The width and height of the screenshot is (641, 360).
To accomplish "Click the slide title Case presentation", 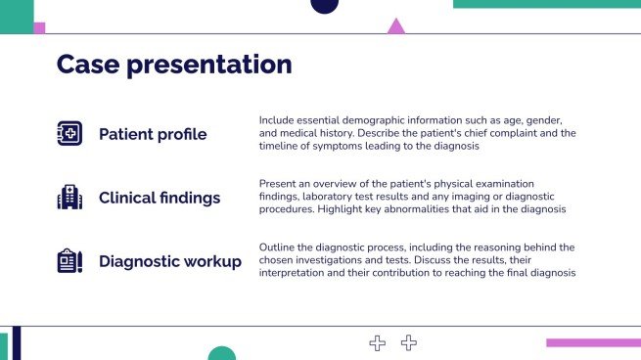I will click(174, 65).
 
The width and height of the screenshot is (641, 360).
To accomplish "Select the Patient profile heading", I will click(153, 134).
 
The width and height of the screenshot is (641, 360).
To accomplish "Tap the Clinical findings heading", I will click(160, 198).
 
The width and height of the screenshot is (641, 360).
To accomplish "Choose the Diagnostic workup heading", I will click(170, 261).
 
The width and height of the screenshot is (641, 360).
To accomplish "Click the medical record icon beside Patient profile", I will click(70, 134).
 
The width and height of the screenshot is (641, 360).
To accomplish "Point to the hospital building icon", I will click(70, 198).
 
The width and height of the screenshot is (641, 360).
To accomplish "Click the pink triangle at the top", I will click(395, 27).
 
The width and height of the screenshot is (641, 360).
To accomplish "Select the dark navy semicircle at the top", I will click(324, 6).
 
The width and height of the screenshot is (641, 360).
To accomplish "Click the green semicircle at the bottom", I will click(222, 353).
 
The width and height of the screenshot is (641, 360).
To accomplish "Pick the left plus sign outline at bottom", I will click(378, 342).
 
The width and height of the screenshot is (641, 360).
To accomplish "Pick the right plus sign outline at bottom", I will click(409, 342).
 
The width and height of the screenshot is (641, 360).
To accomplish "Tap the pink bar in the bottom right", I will click(592, 342).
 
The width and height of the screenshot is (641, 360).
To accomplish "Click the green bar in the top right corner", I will click(546, 4).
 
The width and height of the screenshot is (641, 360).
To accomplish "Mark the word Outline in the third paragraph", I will click(277, 247).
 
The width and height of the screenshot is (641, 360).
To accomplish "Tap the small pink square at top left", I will click(39, 27).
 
